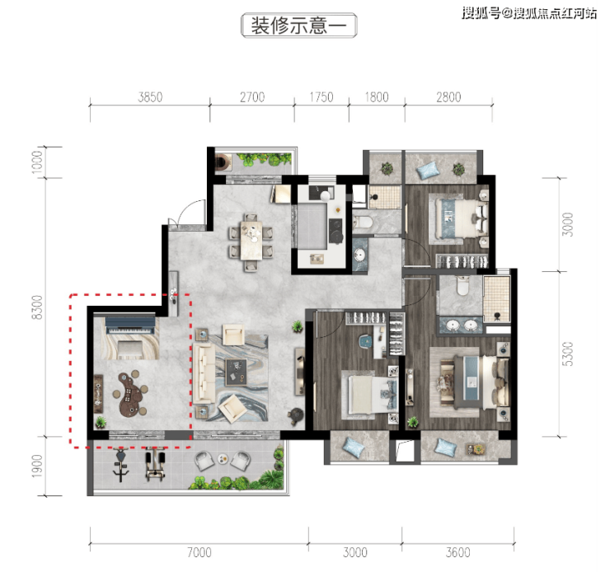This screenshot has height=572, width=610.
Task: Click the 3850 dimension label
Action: coord(150,96)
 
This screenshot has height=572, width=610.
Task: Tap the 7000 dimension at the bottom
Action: coord(199,552)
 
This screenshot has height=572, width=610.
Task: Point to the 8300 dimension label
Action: coord(37,307)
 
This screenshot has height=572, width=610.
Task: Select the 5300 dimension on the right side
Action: coord(568,354)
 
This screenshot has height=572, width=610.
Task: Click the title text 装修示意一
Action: coord(298,26)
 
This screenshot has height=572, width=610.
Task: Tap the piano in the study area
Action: coord(130,326)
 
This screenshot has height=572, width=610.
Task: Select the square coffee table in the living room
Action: coord(237,373)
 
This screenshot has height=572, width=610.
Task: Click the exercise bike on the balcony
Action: coord(121,465)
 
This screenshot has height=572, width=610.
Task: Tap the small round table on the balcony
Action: coord(223,459)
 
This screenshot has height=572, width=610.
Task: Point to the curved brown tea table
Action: coord(130,393)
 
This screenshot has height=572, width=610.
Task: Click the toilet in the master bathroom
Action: coord(462,286)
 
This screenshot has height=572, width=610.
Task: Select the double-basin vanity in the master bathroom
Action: coord(461,325)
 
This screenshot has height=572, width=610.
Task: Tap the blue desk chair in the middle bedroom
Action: coord(366,340)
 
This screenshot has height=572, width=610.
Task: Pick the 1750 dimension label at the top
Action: coord(321,96)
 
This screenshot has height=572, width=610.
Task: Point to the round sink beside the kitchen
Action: coord(359,256)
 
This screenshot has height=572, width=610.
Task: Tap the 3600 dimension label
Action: coord(457,552)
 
